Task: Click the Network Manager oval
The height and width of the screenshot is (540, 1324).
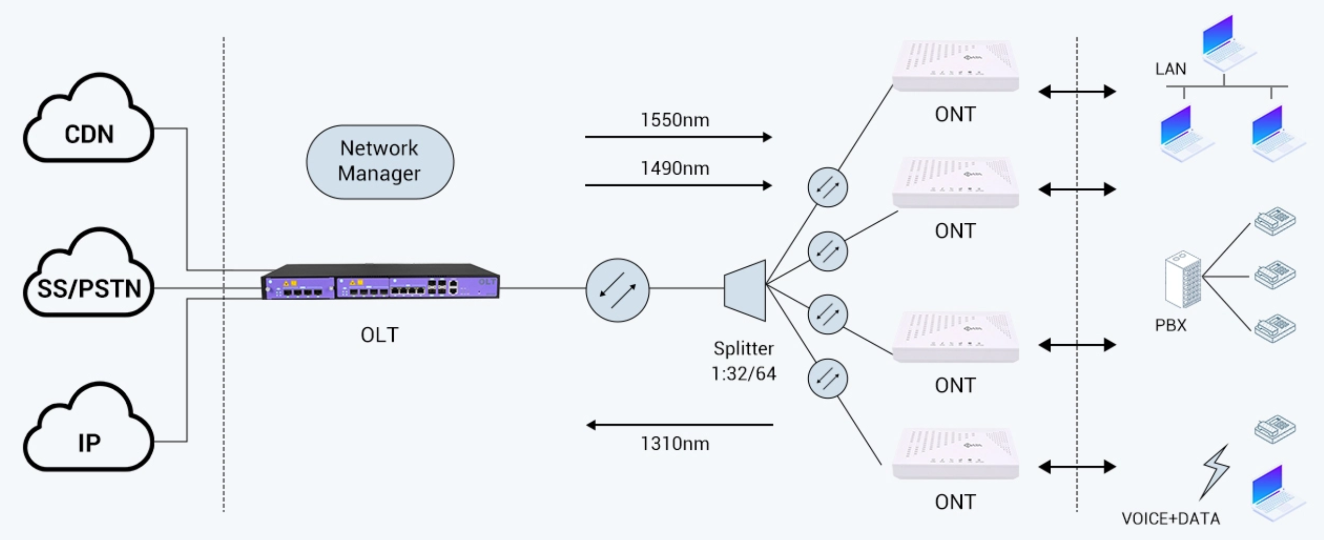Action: click(x=380, y=162)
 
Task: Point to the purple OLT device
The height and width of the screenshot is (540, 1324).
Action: click(x=380, y=282)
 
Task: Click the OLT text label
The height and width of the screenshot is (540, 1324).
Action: click(x=379, y=335)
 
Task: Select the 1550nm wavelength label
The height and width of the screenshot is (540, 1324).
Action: click(x=674, y=120)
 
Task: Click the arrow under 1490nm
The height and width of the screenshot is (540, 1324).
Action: click(x=678, y=186)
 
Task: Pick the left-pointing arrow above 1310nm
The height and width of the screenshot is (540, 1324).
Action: click(x=679, y=425)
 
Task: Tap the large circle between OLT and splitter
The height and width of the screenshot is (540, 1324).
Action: click(x=617, y=290)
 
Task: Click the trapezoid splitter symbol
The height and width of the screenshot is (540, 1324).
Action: click(x=746, y=290)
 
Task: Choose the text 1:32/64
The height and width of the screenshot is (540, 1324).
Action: click(x=743, y=374)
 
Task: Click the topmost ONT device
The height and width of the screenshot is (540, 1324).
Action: click(x=955, y=66)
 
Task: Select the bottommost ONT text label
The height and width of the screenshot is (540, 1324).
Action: click(x=955, y=502)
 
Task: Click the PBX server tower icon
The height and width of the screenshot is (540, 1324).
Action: click(x=1183, y=279)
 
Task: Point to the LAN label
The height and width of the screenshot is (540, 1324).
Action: click(x=1171, y=69)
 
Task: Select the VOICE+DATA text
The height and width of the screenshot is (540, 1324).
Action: click(x=1171, y=518)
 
